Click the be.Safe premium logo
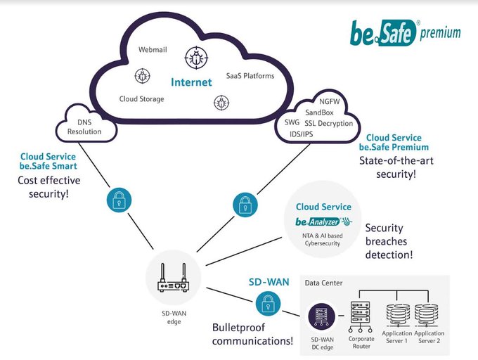(406, 31)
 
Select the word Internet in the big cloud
(191, 82)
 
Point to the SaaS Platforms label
(250, 75)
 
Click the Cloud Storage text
(141, 99)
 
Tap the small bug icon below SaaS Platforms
(218, 103)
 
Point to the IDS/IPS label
(304, 134)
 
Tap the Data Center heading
(323, 283)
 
